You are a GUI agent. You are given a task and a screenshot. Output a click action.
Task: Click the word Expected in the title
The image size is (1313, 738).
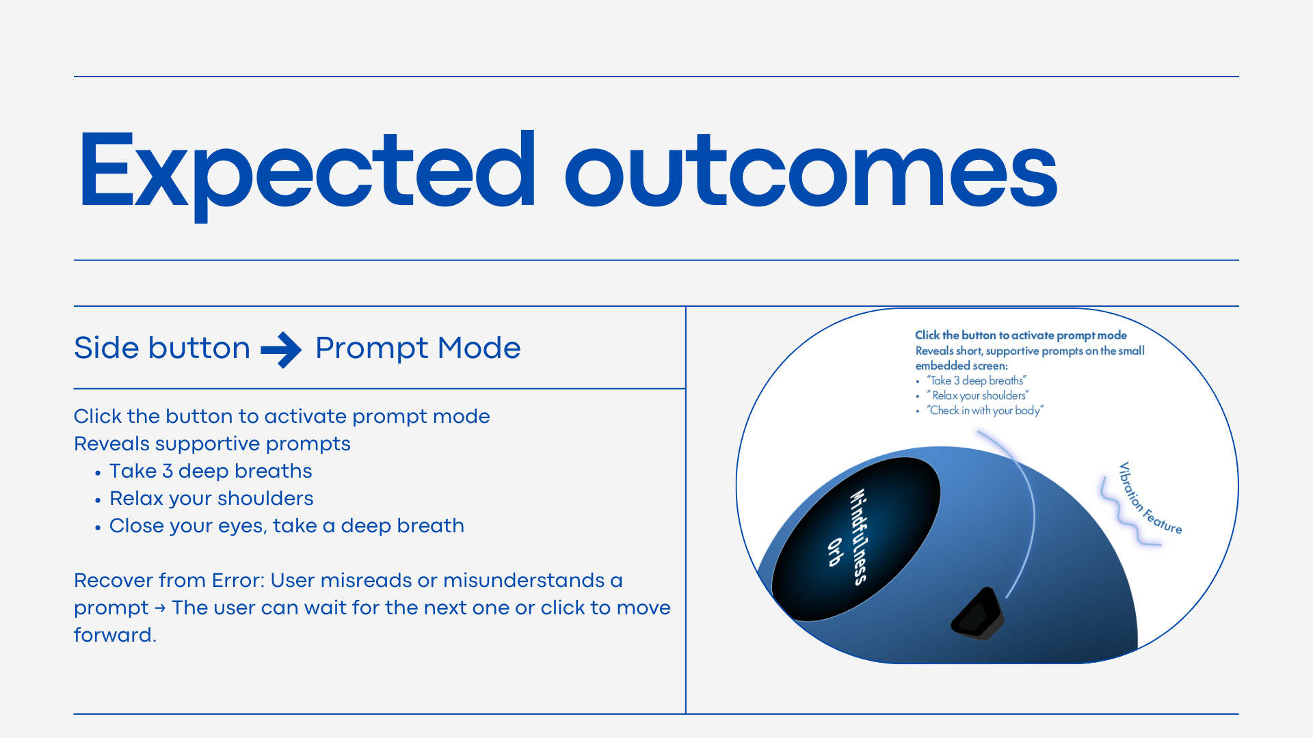308,175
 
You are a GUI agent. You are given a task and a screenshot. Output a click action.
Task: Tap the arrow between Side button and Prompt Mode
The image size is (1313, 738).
281,350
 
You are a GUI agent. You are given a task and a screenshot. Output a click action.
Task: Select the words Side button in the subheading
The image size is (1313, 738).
162,348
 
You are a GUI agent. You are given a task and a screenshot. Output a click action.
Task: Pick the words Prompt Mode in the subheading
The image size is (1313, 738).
418,348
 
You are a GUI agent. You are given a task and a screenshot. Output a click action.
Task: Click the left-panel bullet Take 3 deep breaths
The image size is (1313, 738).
211,471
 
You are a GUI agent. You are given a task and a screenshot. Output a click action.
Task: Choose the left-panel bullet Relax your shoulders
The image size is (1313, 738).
211,498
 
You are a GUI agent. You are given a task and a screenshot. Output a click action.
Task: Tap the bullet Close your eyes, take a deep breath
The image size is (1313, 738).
287,525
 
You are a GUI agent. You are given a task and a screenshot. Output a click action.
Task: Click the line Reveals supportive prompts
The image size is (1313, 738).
212,443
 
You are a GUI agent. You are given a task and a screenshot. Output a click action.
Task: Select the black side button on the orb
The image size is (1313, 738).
977,613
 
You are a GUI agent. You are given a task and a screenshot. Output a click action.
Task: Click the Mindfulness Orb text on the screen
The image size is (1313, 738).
851,537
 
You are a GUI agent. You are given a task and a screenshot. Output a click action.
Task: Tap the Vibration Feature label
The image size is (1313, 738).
1150,498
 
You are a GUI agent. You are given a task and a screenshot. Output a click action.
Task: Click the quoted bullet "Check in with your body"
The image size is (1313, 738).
985,410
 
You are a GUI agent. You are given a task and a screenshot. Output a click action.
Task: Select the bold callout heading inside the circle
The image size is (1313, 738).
1021,335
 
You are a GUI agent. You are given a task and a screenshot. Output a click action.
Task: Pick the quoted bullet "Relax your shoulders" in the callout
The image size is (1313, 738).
978,395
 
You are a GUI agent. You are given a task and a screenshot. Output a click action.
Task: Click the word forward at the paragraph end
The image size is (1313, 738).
115,635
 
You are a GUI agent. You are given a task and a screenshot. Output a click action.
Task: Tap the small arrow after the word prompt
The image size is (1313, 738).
160,607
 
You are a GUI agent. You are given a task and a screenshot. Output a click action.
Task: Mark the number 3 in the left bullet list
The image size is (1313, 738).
168,471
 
